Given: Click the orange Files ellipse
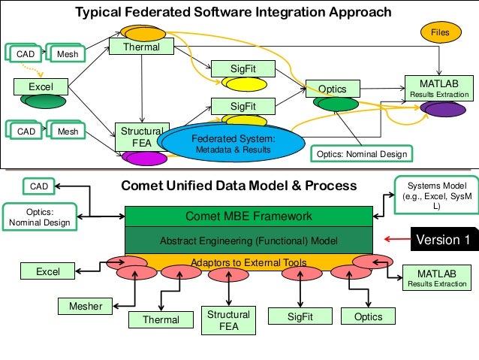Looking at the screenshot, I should (x=440, y=32).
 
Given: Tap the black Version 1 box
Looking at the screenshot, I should (x=443, y=240).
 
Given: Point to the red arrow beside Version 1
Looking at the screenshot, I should (x=394, y=240).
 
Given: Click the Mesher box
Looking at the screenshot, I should (x=86, y=305).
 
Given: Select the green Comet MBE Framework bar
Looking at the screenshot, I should (x=249, y=216).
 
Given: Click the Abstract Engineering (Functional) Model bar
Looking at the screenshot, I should (x=249, y=241).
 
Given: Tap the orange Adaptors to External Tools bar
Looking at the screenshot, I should (x=248, y=262).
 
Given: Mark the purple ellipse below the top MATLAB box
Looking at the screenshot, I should (x=445, y=110).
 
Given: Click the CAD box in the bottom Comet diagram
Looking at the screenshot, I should (x=38, y=186).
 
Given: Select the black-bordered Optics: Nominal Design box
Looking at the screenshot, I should (x=360, y=154).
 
